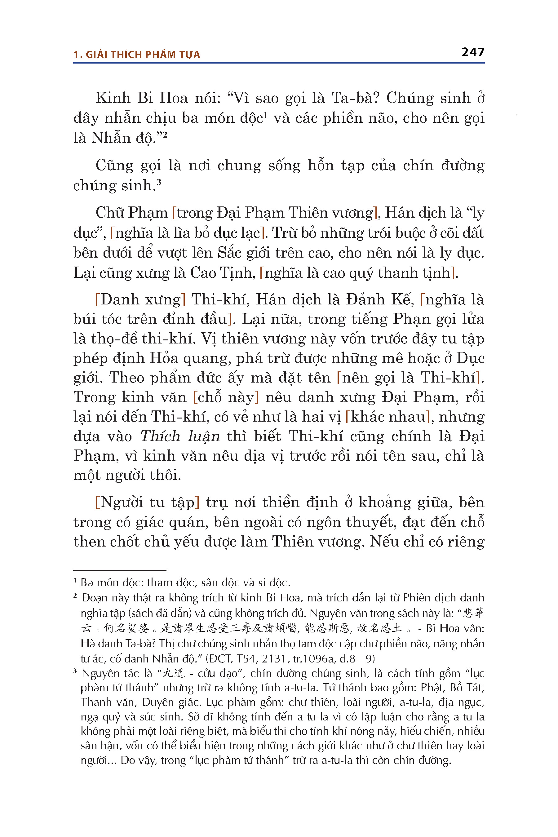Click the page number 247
472,52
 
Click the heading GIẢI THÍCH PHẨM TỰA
143,55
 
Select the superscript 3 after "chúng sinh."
159,182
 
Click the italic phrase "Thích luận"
180,436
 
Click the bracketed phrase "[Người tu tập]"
147,502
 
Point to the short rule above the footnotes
120,570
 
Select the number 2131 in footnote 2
274,658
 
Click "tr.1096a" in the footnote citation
313,658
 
